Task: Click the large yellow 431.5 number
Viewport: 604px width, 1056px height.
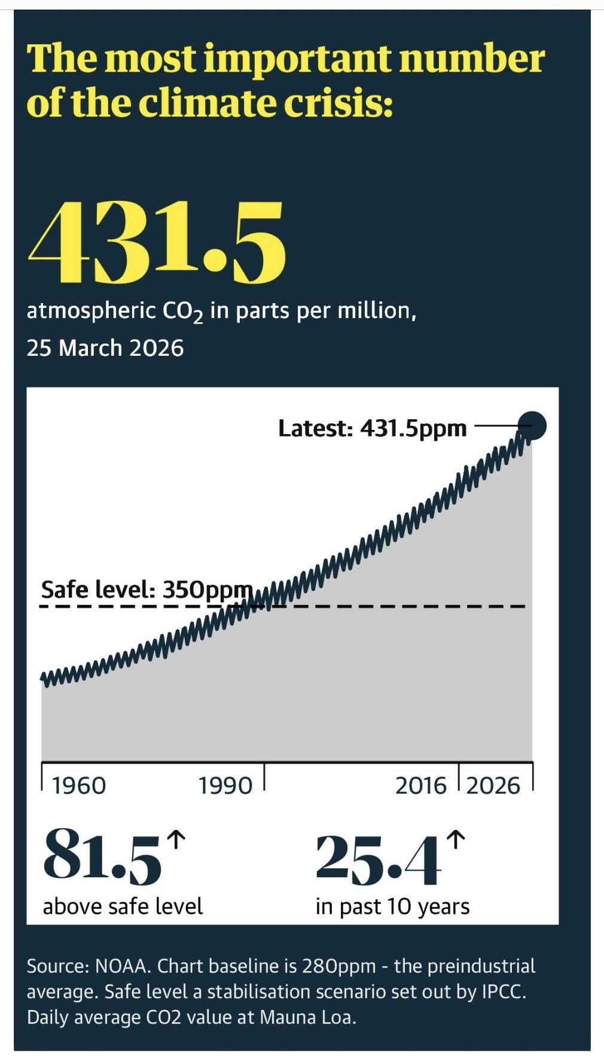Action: point(157,243)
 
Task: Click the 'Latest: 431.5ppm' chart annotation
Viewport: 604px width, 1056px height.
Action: point(372,428)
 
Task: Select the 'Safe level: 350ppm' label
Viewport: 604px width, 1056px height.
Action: point(147,590)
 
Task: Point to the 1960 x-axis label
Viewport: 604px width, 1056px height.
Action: point(78,786)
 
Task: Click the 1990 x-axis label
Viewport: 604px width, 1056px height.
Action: point(225,786)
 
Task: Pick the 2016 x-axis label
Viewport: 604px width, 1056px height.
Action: point(421,786)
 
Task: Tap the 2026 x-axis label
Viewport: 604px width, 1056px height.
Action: point(493,786)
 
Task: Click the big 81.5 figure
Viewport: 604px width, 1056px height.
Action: point(102,856)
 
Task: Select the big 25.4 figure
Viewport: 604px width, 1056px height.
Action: point(378,860)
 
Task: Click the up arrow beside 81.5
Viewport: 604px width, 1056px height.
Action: point(175,840)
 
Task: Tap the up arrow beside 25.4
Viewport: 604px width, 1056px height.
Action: point(455,840)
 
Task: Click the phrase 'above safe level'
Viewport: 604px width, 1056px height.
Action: point(123,907)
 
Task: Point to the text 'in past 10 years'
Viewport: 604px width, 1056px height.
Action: point(392,907)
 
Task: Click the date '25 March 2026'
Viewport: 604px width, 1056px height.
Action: point(105,348)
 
